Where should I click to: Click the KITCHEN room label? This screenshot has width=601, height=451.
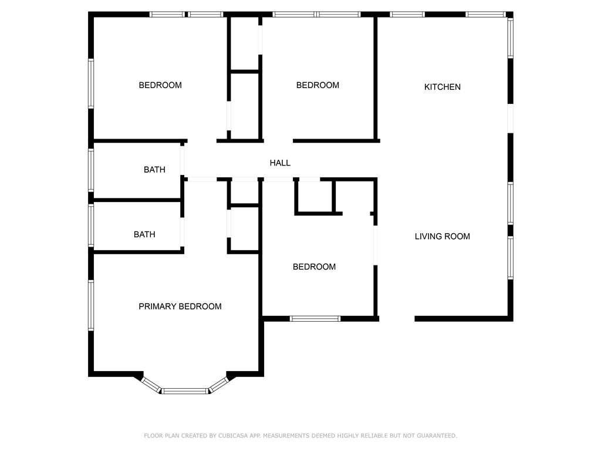tap(443, 87)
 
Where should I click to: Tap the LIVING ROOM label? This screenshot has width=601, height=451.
tap(443, 236)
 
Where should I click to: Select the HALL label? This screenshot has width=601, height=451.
tap(280, 163)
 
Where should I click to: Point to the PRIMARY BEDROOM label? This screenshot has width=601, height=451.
tap(180, 307)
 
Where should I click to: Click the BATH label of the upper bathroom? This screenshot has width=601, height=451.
tap(154, 170)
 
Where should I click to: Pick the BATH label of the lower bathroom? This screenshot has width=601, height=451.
tap(144, 234)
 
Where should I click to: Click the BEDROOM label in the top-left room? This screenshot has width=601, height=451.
tap(160, 85)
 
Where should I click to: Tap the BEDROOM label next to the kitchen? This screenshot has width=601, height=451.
tap(318, 85)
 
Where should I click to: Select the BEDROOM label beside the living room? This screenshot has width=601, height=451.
tap(315, 267)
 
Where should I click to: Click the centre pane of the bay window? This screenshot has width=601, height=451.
tap(185, 391)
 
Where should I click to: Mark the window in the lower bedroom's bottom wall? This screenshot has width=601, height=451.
tap(315, 319)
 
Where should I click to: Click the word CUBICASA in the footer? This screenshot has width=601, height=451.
tap(234, 436)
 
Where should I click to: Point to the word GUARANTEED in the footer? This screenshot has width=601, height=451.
tap(437, 436)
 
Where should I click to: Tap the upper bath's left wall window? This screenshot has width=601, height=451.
tap(91, 170)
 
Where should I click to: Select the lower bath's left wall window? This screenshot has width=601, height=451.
tap(91, 225)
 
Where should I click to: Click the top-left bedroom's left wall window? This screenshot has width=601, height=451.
tap(91, 83)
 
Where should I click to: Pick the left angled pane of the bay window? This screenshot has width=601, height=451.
tap(151, 385)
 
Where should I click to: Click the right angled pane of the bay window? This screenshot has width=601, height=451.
tap(218, 385)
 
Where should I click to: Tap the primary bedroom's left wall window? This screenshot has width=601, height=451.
tap(91, 305)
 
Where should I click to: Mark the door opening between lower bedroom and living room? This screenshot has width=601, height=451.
tap(376, 245)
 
